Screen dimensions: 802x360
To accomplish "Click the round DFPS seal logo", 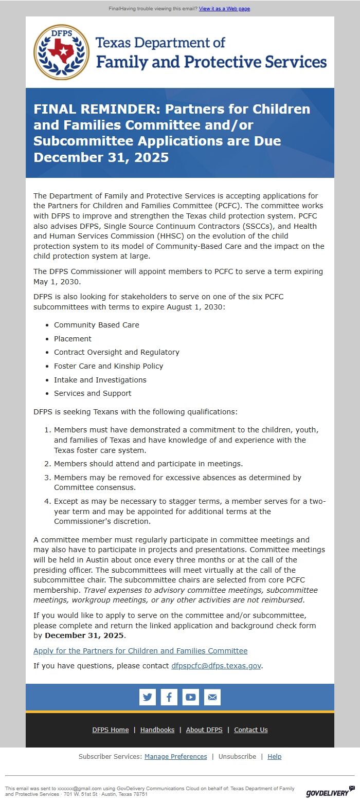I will pyautogui.click(x=62, y=52).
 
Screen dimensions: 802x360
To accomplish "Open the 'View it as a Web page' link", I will pyautogui.click(x=224, y=9).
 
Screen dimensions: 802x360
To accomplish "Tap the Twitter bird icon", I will pyautogui.click(x=148, y=697).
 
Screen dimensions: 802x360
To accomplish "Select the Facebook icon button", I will pyautogui.click(x=169, y=697).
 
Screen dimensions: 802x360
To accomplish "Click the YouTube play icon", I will pyautogui.click(x=191, y=697).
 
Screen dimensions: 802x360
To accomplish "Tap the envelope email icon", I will pyautogui.click(x=212, y=697).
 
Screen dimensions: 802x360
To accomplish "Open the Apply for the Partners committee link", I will pyautogui.click(x=140, y=651).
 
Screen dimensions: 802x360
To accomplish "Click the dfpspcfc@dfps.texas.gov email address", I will pyautogui.click(x=216, y=665).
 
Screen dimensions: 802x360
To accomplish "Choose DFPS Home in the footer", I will pyautogui.click(x=111, y=730).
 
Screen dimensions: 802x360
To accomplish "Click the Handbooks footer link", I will pyautogui.click(x=157, y=730).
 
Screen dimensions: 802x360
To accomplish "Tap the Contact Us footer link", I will pyautogui.click(x=251, y=730).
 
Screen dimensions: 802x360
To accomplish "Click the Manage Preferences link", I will pyautogui.click(x=176, y=757).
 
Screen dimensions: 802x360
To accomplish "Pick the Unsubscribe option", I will pyautogui.click(x=237, y=757).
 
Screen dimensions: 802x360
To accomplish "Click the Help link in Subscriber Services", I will pyautogui.click(x=275, y=757).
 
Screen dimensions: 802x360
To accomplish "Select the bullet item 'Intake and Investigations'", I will pyautogui.click(x=100, y=380).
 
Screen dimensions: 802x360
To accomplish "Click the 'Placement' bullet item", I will pyautogui.click(x=73, y=339).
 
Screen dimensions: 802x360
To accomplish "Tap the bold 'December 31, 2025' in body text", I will pyautogui.click(x=84, y=635).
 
